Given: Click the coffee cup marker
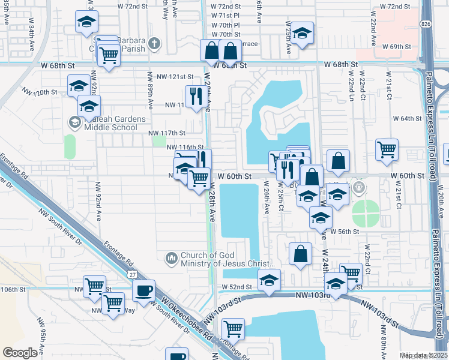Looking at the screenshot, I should (143, 292).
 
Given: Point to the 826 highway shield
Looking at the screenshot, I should (425, 23).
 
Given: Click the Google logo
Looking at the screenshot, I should (20, 353).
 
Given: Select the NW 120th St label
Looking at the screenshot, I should (40, 92).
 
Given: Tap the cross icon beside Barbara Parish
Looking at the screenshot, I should (154, 43).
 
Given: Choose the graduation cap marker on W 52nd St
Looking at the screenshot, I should (270, 280).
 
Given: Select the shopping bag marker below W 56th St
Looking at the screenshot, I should (300, 254).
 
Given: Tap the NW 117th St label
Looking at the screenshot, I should (166, 133).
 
